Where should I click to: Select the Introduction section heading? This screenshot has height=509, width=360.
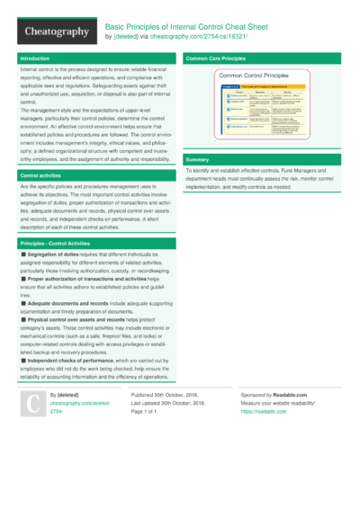[35, 58]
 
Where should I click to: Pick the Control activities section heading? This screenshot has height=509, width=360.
[41, 175]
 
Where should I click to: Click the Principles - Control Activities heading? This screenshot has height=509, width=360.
[59, 244]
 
